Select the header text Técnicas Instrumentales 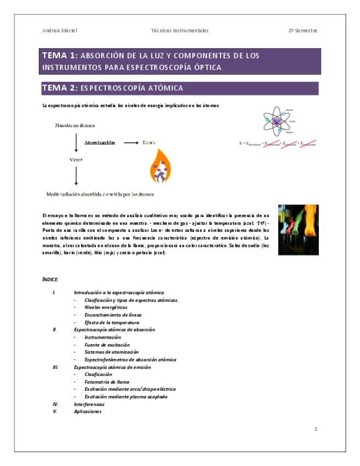click(x=180, y=31)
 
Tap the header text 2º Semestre click(x=303, y=31)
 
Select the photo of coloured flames click(x=298, y=229)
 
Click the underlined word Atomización click(x=99, y=143)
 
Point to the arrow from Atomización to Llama click(x=130, y=143)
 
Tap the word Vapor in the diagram click(x=76, y=160)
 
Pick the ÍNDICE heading click(x=50, y=280)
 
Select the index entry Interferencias click(x=89, y=404)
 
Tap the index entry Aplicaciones click(x=88, y=412)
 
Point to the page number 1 click(x=316, y=429)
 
